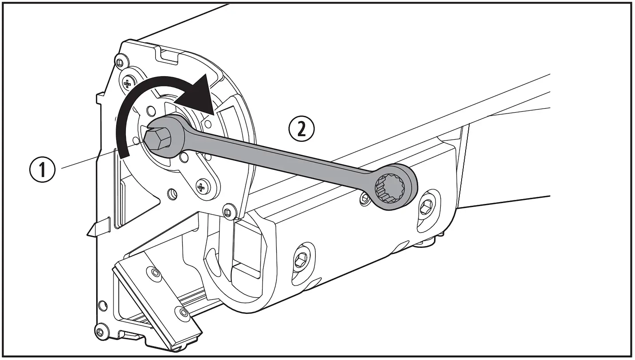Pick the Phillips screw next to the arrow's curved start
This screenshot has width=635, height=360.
pos(128,83)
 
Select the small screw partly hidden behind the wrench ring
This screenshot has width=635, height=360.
pos(365,198)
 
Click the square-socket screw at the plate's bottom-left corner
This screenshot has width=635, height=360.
pos(101,332)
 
